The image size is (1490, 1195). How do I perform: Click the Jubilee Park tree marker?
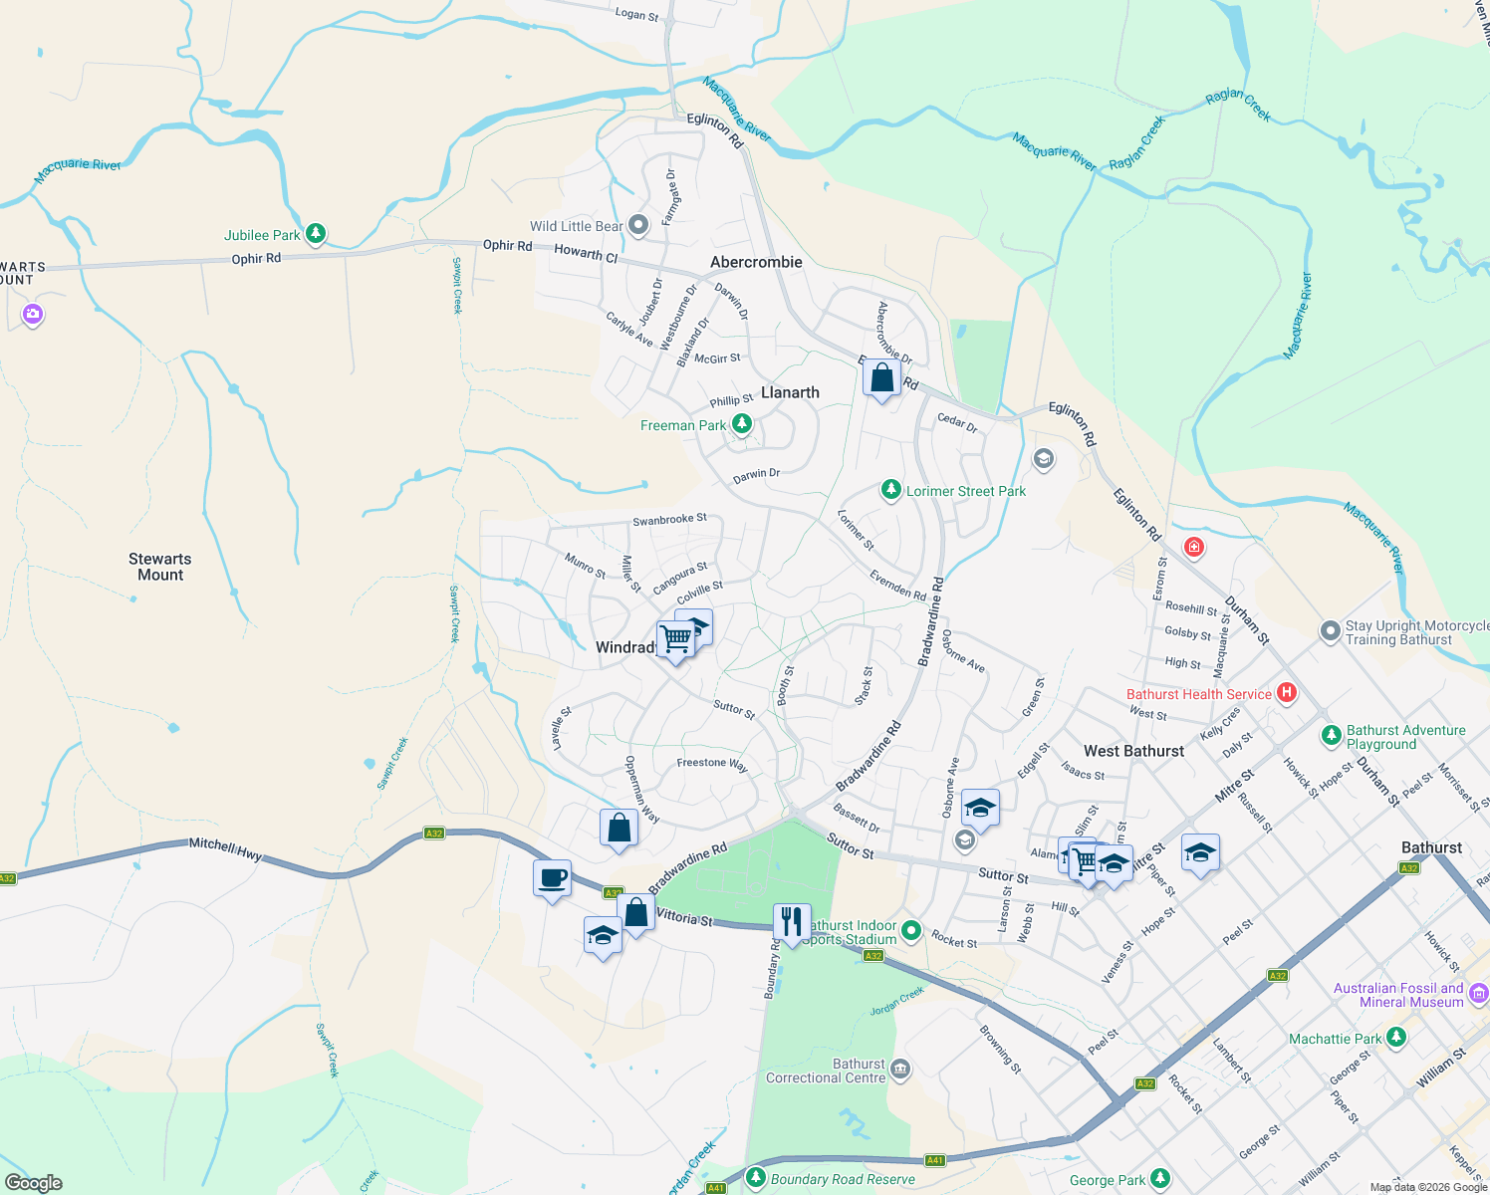click(x=316, y=234)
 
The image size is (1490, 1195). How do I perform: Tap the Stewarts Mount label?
click(x=159, y=567)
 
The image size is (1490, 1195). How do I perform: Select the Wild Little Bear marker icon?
click(x=639, y=226)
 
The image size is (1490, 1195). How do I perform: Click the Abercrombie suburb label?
click(x=756, y=262)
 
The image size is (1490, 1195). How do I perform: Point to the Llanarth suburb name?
click(x=790, y=392)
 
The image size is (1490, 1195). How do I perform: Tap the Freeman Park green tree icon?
click(x=741, y=425)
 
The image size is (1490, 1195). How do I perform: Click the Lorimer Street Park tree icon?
click(x=890, y=490)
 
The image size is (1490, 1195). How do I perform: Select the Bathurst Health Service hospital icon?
click(x=1286, y=693)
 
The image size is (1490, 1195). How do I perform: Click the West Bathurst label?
click(x=1133, y=751)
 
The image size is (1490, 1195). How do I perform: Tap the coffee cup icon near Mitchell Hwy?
click(x=553, y=879)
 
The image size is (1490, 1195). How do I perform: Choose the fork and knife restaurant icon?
click(x=792, y=922)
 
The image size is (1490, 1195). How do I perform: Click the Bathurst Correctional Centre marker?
click(x=900, y=1070)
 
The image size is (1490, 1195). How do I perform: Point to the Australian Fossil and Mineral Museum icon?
click(x=1478, y=994)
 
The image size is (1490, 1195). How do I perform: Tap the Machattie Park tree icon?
click(x=1395, y=1039)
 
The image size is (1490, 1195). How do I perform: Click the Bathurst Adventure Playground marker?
click(x=1331, y=736)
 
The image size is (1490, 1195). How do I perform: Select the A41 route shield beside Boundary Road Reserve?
click(x=934, y=1160)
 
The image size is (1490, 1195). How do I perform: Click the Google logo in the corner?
click(x=34, y=1182)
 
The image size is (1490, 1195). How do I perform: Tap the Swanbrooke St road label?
click(x=669, y=520)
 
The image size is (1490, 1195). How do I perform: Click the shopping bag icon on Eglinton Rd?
click(x=881, y=378)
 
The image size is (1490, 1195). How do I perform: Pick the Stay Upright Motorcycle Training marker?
click(x=1330, y=631)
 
